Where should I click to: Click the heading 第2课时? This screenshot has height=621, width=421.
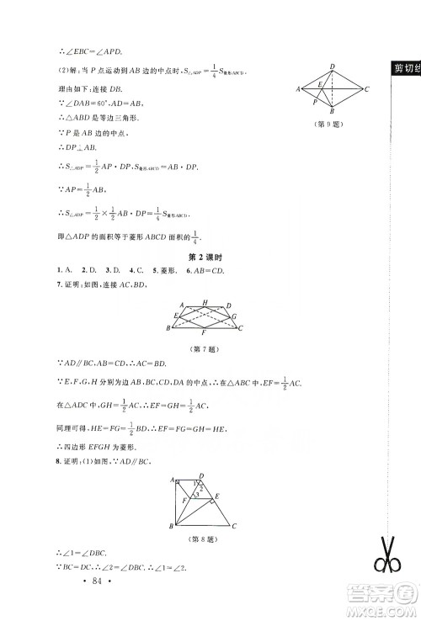tap(210, 256)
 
